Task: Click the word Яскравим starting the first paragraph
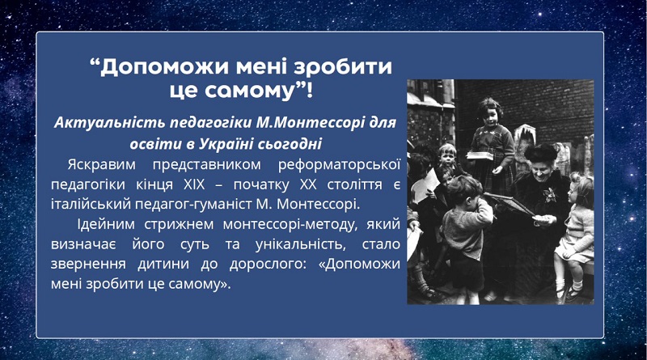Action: [x=102, y=165]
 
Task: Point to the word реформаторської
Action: [x=339, y=165]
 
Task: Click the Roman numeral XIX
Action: [x=194, y=184]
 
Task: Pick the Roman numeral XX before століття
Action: [x=308, y=184]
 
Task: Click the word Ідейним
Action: [x=106, y=224]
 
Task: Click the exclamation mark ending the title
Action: [x=310, y=90]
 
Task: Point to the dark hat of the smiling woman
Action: [x=540, y=153]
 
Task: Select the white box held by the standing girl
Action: [x=480, y=155]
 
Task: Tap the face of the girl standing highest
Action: [x=490, y=114]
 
